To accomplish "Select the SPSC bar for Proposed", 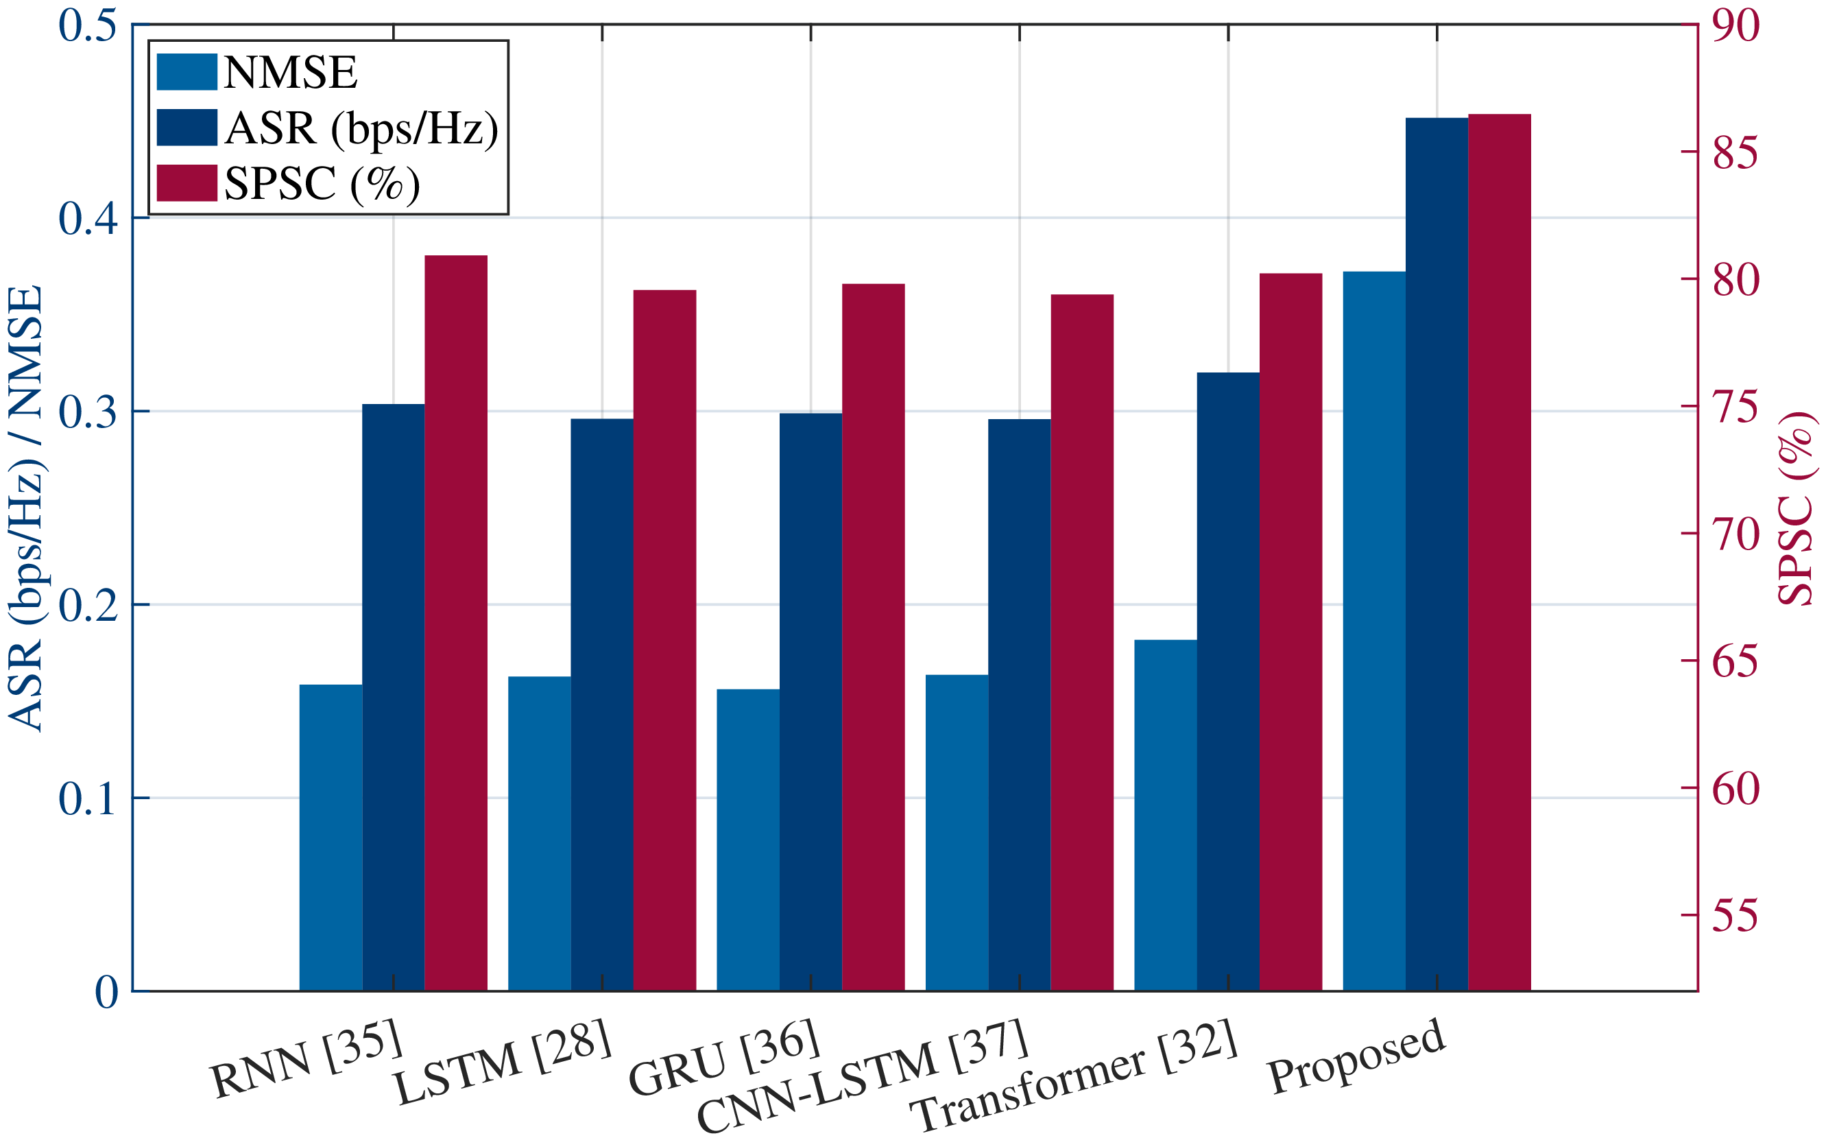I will click(x=1500, y=552).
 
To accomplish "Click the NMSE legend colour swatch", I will click(x=187, y=72).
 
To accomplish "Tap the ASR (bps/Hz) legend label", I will click(x=361, y=128).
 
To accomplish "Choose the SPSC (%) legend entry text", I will click(x=322, y=184).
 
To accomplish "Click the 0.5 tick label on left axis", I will click(x=88, y=25).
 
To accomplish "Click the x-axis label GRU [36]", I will click(x=724, y=1056).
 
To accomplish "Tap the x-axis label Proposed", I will click(x=1356, y=1055).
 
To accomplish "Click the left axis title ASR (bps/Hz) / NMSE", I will click(x=25, y=508).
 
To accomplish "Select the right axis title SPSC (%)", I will click(x=1797, y=508).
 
